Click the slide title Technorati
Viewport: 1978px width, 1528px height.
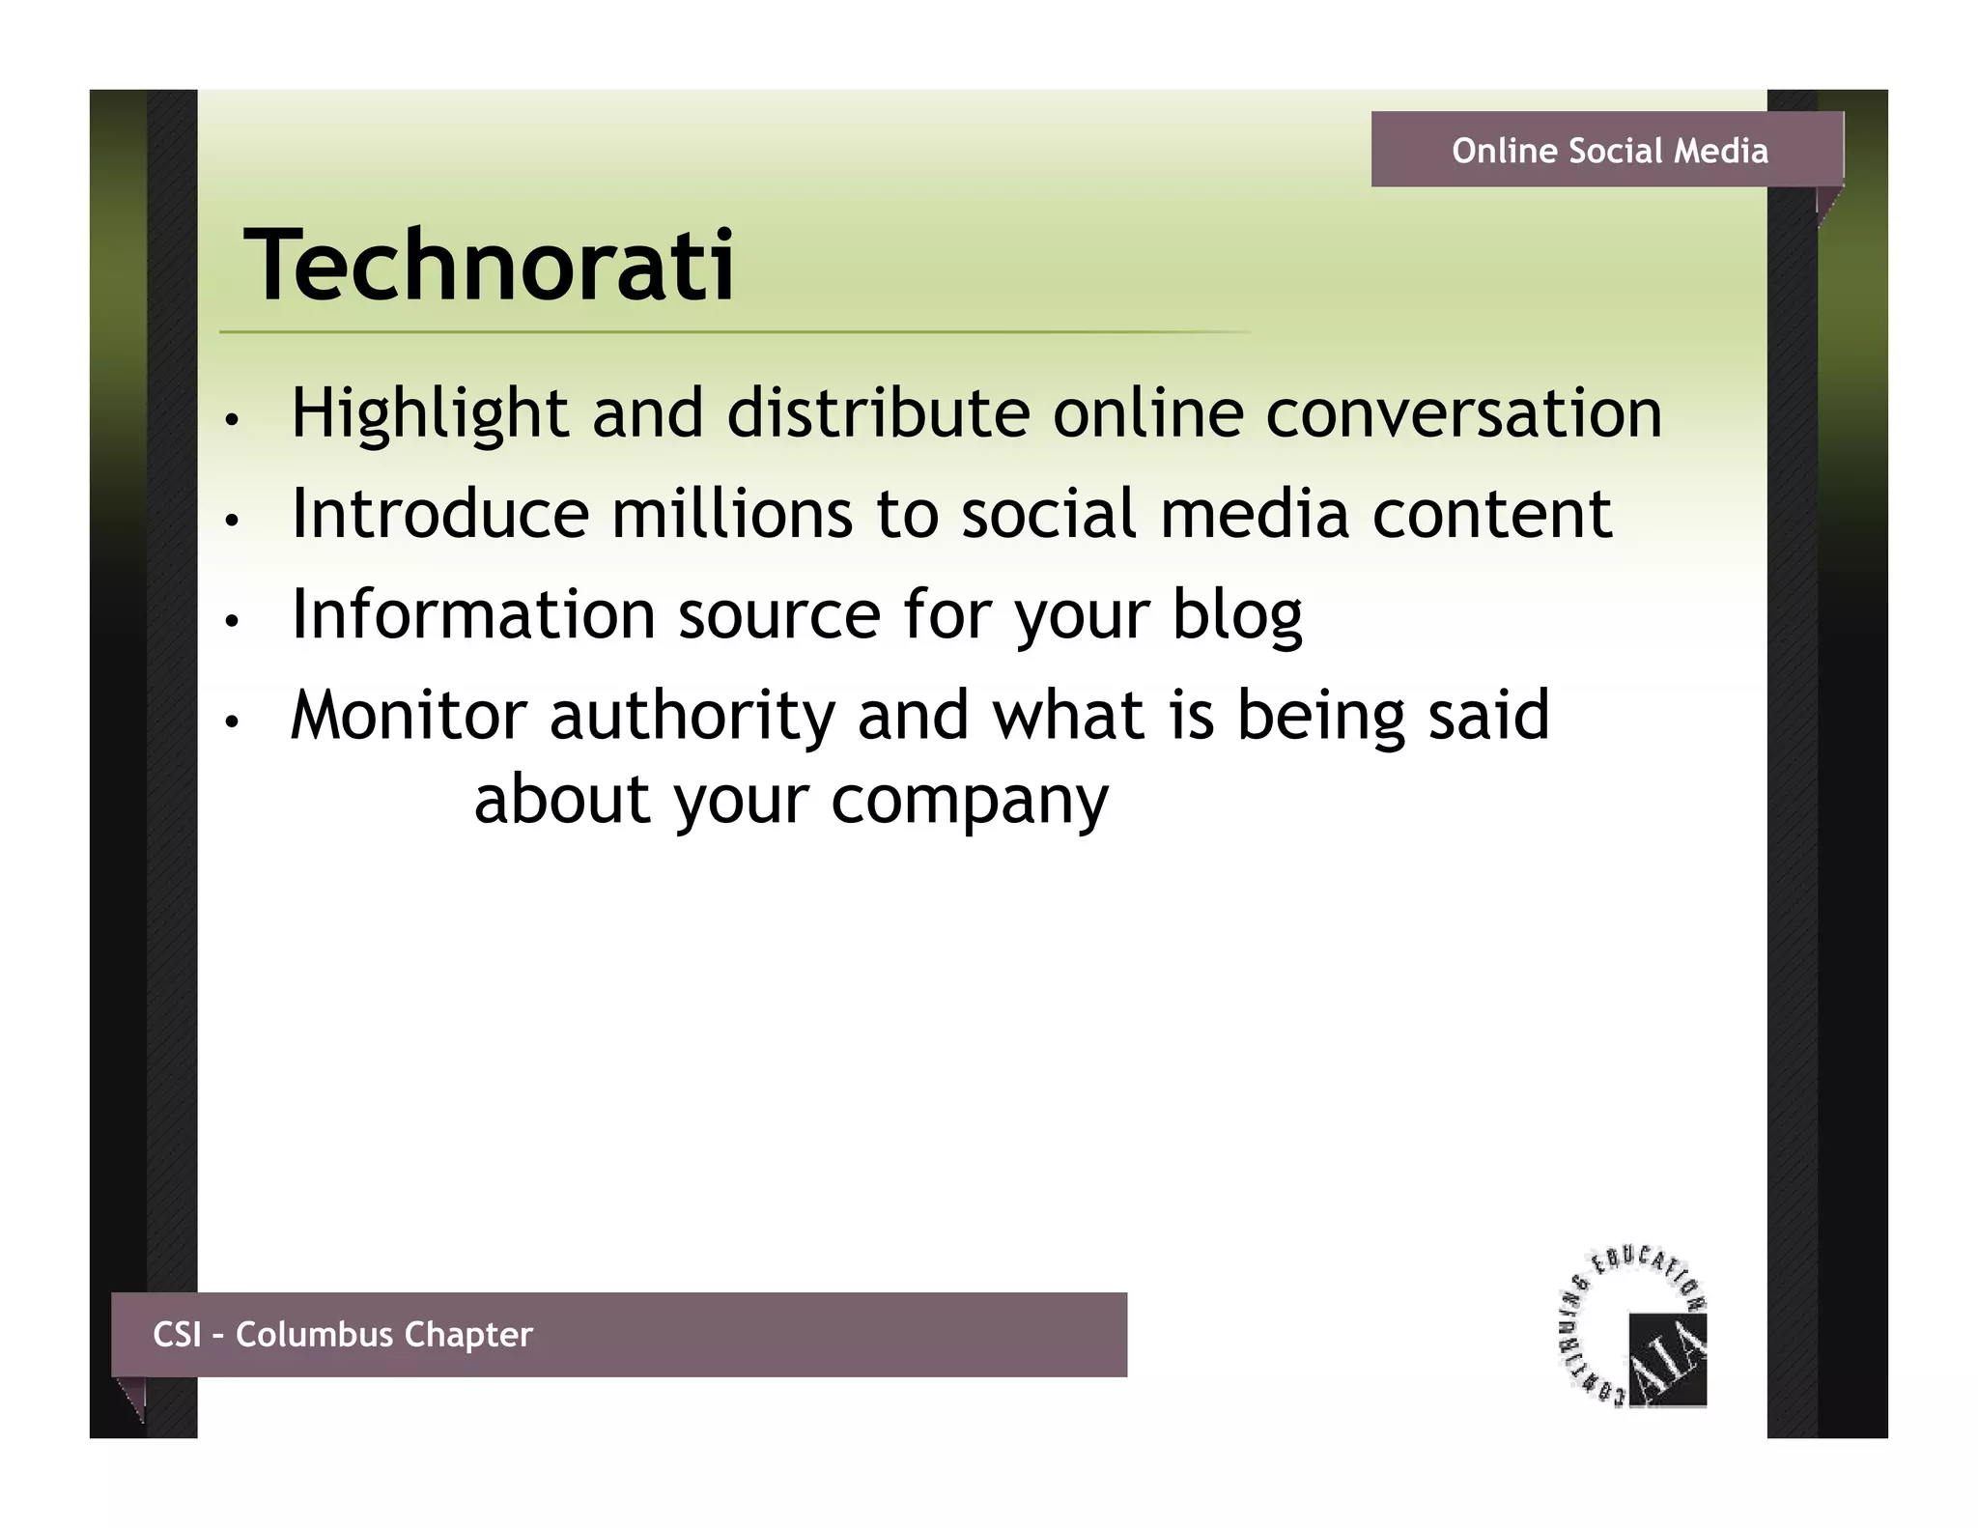point(489,265)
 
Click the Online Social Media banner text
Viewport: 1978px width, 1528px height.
point(1609,151)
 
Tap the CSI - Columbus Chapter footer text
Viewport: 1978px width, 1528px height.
point(343,1334)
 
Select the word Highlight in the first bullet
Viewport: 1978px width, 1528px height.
point(429,413)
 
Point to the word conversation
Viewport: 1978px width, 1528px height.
point(1463,413)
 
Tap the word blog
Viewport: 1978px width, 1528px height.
point(1236,615)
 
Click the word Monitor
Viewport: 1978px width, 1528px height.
point(408,716)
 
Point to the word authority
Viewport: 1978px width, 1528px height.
point(692,716)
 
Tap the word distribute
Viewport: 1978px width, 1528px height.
point(878,413)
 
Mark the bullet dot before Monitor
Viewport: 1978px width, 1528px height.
point(230,722)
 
